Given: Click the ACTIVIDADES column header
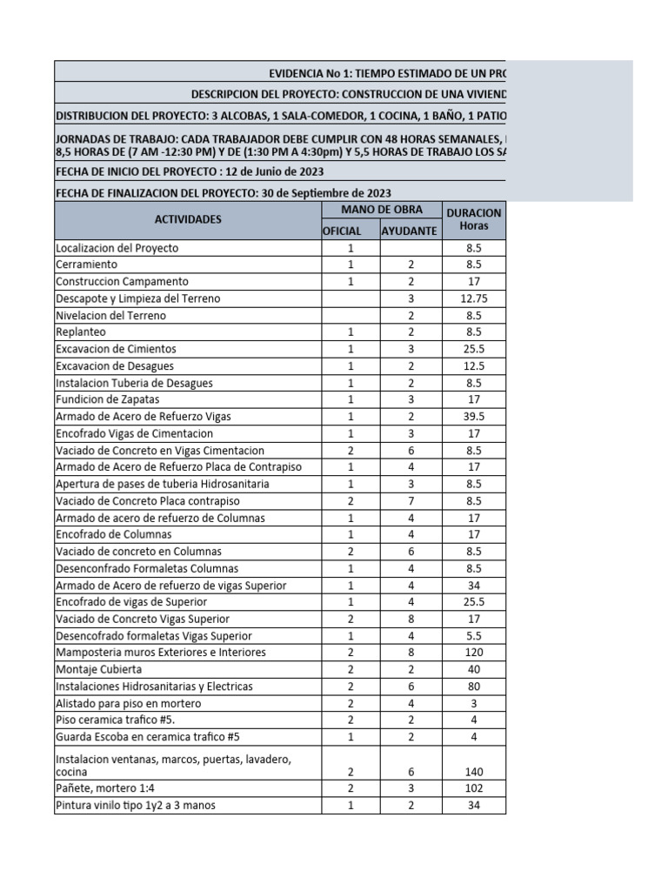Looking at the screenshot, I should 189,220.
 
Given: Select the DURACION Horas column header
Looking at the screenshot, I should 474,219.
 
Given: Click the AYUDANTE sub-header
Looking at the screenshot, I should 408,231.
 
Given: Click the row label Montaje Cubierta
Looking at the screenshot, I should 98,670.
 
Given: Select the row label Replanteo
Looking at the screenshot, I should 81,332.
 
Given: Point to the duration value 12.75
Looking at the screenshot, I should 475,298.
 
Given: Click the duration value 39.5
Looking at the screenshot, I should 475,417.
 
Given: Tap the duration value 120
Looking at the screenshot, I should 475,653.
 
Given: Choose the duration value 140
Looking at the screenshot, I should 475,772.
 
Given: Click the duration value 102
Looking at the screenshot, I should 475,788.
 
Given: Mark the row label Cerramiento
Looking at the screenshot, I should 86,265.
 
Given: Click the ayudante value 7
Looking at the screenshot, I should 410,501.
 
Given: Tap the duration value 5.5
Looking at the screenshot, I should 475,636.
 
